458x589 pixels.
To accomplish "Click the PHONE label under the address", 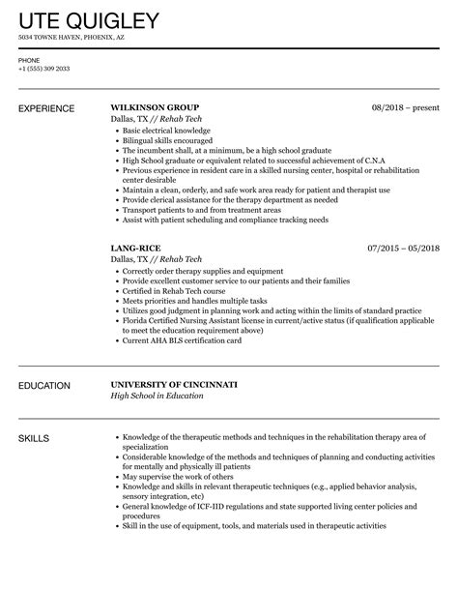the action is pyautogui.click(x=29, y=60).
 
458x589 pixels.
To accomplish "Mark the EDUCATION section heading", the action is pyautogui.click(x=44, y=385).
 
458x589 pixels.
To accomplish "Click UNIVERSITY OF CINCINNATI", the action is pyautogui.click(x=173, y=385).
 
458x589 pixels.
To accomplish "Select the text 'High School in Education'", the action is pyautogui.click(x=157, y=397).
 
